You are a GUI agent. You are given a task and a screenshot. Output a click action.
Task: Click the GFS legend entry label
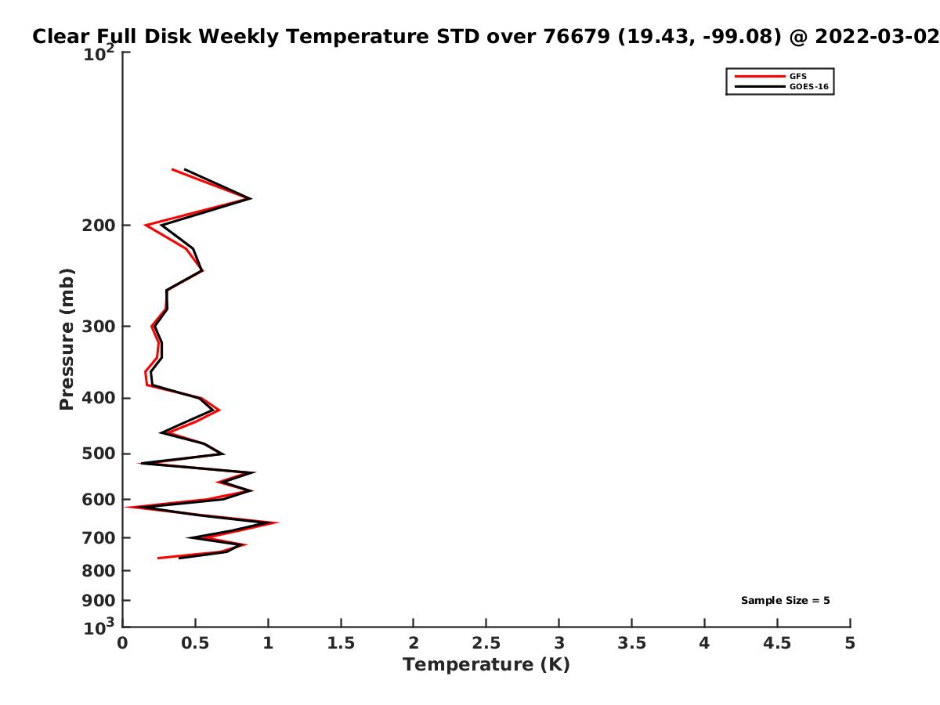[797, 76]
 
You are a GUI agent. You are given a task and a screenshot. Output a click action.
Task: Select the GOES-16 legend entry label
[808, 86]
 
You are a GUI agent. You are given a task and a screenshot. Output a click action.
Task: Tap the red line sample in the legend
[760, 76]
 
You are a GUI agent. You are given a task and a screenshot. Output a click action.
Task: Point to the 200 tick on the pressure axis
[99, 225]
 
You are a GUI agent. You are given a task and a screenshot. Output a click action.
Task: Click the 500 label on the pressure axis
[99, 454]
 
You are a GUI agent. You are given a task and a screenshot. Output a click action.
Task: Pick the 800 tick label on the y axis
[99, 570]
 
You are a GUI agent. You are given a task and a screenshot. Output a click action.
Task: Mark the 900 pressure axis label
[99, 601]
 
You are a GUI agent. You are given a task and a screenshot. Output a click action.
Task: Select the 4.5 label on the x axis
[777, 643]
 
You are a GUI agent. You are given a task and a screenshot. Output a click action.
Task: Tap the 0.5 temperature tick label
[195, 643]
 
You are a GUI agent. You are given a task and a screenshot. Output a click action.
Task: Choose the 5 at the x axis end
[850, 643]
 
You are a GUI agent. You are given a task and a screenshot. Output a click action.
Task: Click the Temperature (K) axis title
[486, 665]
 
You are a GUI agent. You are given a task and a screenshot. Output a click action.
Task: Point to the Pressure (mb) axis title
[67, 339]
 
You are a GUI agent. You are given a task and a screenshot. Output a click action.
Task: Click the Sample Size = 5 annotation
[786, 601]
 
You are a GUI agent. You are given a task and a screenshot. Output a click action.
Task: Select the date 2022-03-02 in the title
[877, 37]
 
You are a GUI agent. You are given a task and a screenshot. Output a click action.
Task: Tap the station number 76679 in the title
[577, 37]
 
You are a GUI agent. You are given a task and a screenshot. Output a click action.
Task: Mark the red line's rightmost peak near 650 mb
[278, 522]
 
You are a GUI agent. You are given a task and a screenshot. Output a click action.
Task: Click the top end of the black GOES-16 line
[185, 169]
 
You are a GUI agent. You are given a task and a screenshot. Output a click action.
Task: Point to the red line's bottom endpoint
[158, 559]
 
